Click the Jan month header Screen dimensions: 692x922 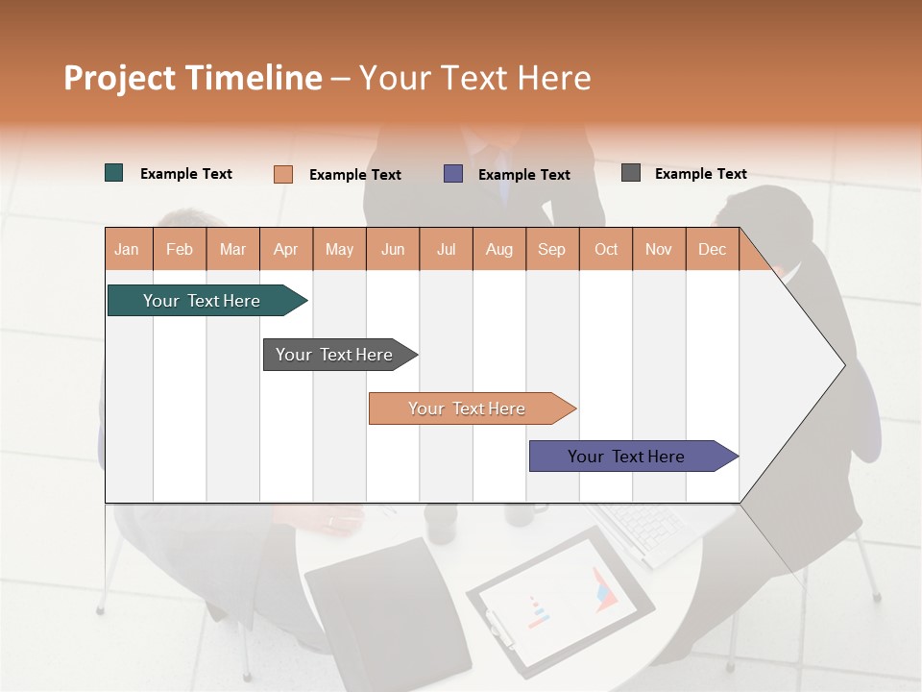pos(128,249)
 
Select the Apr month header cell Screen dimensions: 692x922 pos(286,249)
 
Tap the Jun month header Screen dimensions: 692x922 pos(393,249)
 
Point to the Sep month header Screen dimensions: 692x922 pos(552,249)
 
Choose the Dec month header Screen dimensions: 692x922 pos(712,249)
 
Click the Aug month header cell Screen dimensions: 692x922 pos(499,249)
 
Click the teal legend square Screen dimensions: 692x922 pos(114,173)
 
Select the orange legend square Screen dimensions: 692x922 pos(283,174)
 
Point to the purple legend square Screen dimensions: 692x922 pos(453,174)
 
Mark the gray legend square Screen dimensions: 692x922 pos(631,173)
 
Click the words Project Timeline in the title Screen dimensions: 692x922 pos(193,78)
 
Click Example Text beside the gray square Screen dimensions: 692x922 pos(700,174)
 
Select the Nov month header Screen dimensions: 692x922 pos(659,249)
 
